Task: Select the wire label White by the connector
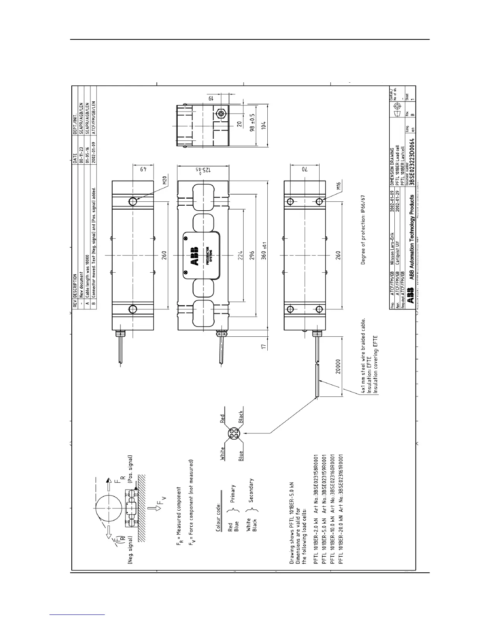coord(223,453)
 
